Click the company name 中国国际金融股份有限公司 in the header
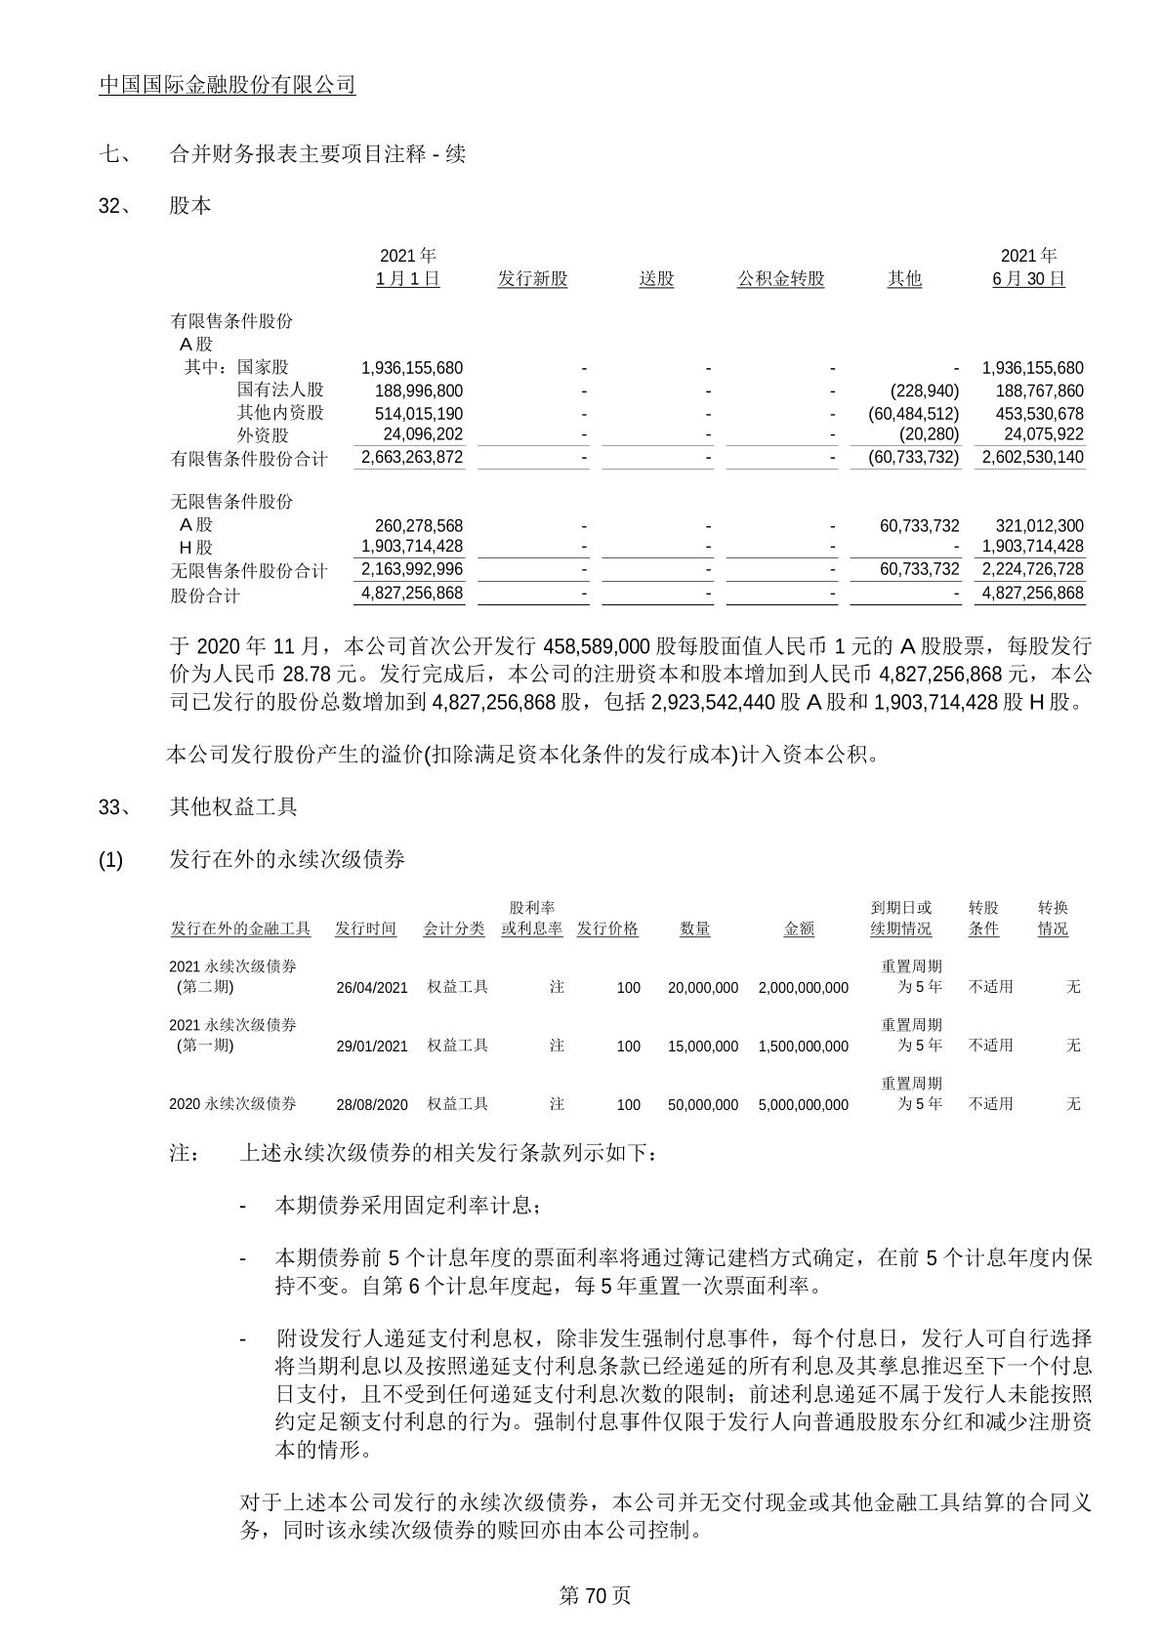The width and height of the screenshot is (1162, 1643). click(x=228, y=85)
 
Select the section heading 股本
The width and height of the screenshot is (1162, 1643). click(x=190, y=206)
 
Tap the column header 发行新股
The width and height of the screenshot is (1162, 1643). click(x=532, y=279)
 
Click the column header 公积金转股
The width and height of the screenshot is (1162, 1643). click(x=780, y=279)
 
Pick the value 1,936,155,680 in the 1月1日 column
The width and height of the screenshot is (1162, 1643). click(x=412, y=368)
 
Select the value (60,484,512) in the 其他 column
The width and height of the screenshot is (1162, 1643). click(x=913, y=413)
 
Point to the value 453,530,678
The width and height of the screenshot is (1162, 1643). click(x=1032, y=413)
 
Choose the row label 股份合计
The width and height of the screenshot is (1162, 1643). click(x=205, y=595)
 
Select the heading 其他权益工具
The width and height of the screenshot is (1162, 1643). click(x=233, y=806)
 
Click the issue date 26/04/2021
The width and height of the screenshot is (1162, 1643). click(x=372, y=987)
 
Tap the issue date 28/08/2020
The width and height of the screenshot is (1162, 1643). click(x=372, y=1104)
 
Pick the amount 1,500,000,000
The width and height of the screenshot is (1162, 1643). click(x=803, y=1046)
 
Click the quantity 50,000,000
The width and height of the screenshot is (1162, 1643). click(x=702, y=1104)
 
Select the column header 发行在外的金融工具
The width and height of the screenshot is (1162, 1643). click(x=240, y=928)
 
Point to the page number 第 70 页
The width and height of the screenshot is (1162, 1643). click(x=595, y=1595)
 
